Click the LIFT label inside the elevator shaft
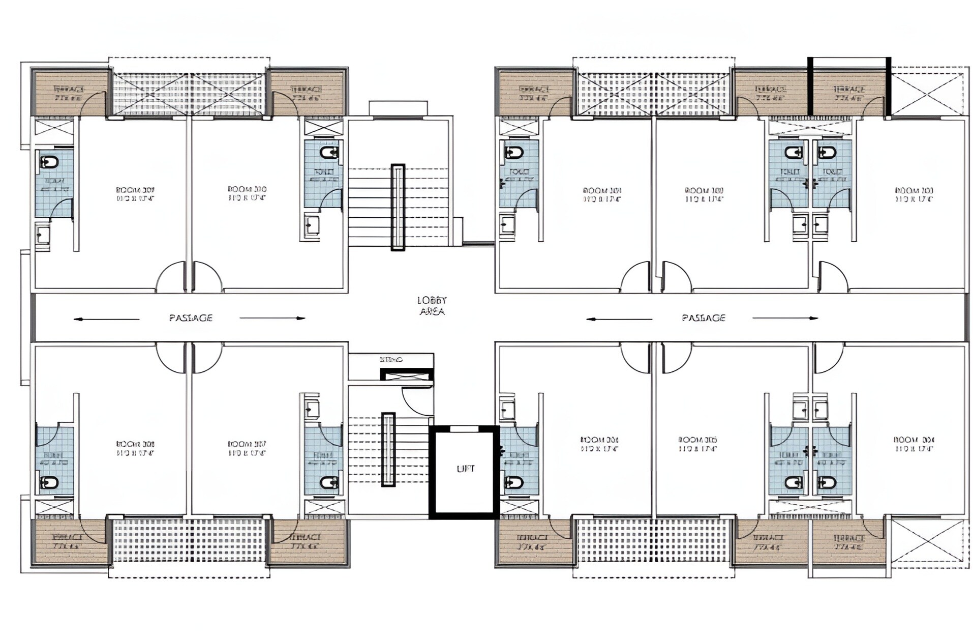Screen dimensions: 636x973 (465, 469)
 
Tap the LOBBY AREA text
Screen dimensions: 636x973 (432, 306)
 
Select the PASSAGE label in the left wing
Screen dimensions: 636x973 (191, 318)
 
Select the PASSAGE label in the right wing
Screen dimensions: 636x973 (703, 318)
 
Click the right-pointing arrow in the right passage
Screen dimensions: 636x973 (785, 318)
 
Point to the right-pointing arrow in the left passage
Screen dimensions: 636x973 (273, 318)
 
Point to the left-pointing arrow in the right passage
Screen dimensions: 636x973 (619, 319)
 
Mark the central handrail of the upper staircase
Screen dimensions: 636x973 (398, 207)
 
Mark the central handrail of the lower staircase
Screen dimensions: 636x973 (388, 449)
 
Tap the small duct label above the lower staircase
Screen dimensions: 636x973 (391, 360)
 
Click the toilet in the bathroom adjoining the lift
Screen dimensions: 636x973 (514, 482)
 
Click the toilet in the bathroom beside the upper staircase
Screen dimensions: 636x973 (329, 152)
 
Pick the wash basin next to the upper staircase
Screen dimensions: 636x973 (312, 225)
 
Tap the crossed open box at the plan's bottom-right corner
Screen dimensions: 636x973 (927, 542)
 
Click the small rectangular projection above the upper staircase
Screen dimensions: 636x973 (398, 108)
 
